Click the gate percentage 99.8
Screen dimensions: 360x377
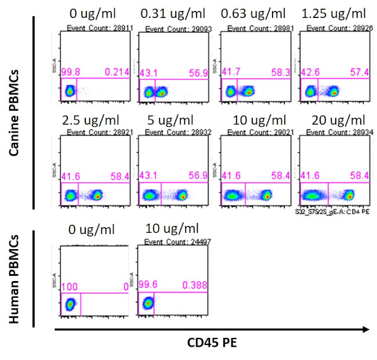(70, 72)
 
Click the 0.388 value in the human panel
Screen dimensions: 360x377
(193, 285)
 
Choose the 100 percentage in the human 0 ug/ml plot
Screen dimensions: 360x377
(68, 285)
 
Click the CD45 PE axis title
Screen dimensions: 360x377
(211, 343)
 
